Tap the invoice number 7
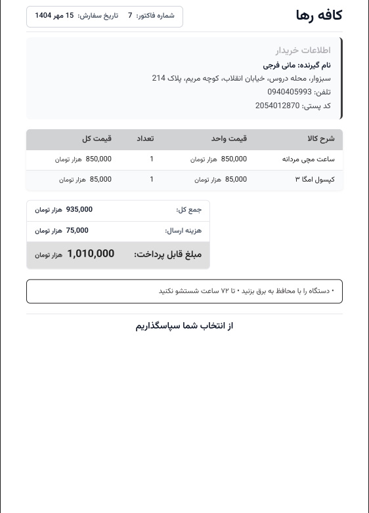130,16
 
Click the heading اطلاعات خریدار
303,51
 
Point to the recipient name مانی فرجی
280,65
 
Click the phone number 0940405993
290,92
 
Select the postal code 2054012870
278,106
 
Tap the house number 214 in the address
158,78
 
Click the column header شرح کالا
320,139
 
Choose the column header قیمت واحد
228,139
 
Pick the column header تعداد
145,139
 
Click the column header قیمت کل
97,139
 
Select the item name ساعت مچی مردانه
309,159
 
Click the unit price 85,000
236,180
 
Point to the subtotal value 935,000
79,210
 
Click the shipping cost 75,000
77,231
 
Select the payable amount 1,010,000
91,254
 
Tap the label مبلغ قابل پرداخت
167,255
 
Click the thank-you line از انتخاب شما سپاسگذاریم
185,326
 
